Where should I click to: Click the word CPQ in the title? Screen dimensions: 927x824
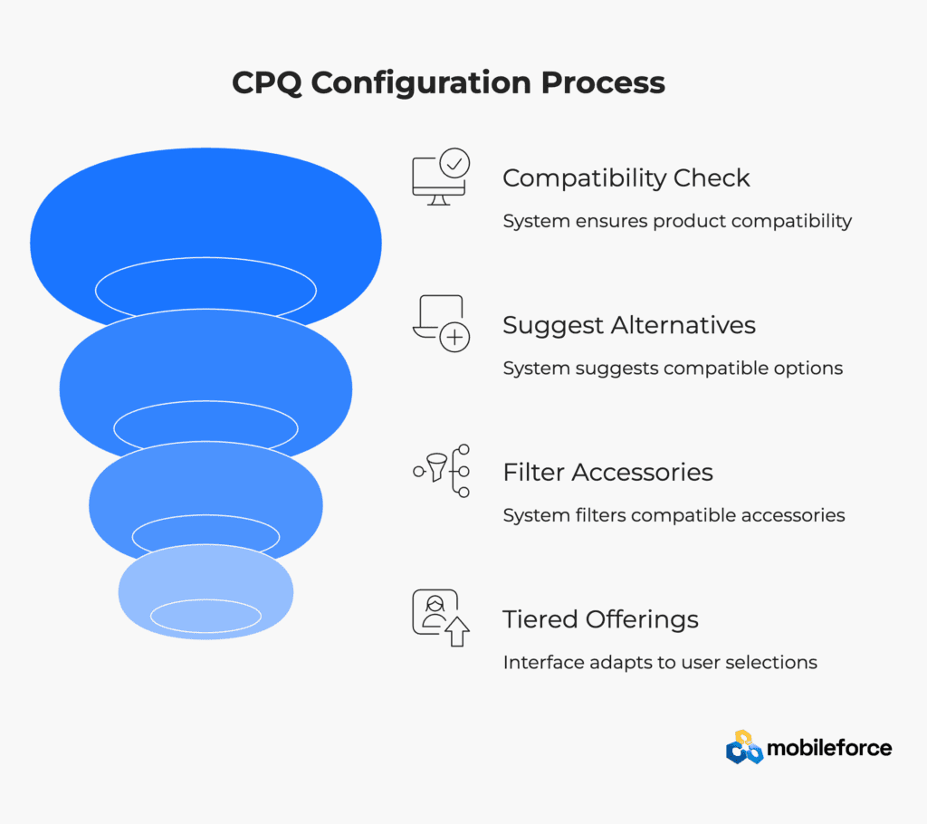267,82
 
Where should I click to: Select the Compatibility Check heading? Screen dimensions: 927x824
626,178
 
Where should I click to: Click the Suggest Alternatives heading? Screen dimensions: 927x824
629,325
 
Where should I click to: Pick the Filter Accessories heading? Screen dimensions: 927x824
607,472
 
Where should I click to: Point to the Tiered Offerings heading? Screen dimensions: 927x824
601,619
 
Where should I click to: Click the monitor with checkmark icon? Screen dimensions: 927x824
441,177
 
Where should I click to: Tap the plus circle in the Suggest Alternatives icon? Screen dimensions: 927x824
454,337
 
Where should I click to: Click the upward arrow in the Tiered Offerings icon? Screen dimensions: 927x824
457,631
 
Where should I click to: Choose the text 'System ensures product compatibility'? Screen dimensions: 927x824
677,221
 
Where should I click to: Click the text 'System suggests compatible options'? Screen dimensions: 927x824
673,369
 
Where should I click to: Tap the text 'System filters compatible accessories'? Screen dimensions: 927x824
674,515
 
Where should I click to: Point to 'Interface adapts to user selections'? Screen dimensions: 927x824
660,663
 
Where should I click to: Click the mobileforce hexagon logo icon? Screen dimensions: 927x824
744,747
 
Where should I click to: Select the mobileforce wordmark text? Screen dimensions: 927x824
829,748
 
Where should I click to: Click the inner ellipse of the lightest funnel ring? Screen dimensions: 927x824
205,599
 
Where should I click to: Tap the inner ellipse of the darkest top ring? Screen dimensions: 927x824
205,258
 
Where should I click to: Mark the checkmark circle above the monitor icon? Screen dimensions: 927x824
454,163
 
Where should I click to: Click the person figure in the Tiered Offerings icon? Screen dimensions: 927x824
435,611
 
